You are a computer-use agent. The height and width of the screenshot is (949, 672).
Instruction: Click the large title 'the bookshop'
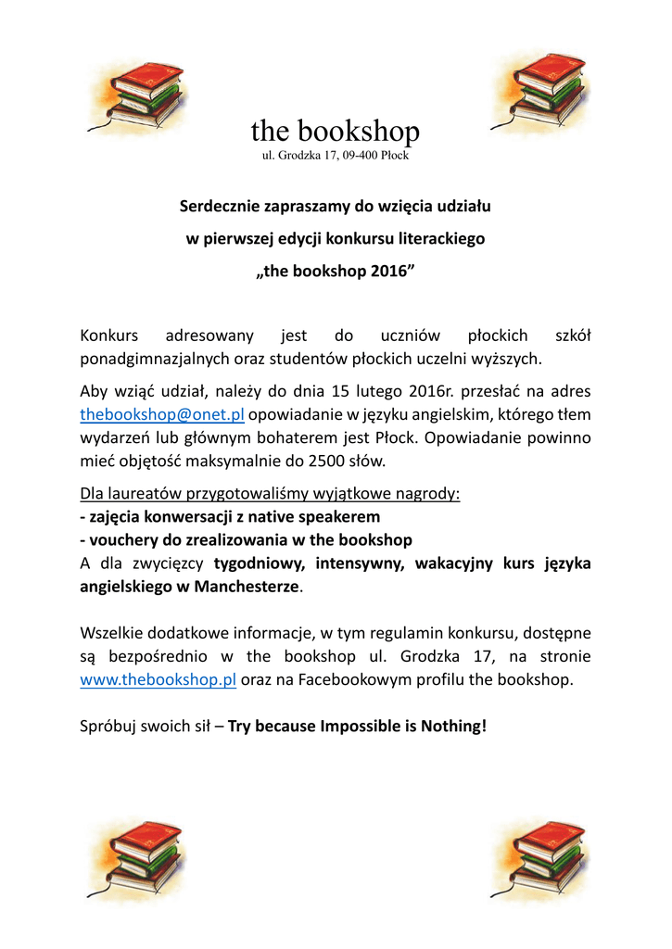click(335, 131)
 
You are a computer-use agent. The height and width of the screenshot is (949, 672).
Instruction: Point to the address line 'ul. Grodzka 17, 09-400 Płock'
click(336, 155)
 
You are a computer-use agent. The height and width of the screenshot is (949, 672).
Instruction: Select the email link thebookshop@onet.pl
click(162, 414)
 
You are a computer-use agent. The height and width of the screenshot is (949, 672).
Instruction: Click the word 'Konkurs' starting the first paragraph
click(109, 335)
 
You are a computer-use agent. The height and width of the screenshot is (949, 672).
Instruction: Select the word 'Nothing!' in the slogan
click(453, 726)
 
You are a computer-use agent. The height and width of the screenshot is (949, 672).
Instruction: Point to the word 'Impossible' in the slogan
click(361, 726)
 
